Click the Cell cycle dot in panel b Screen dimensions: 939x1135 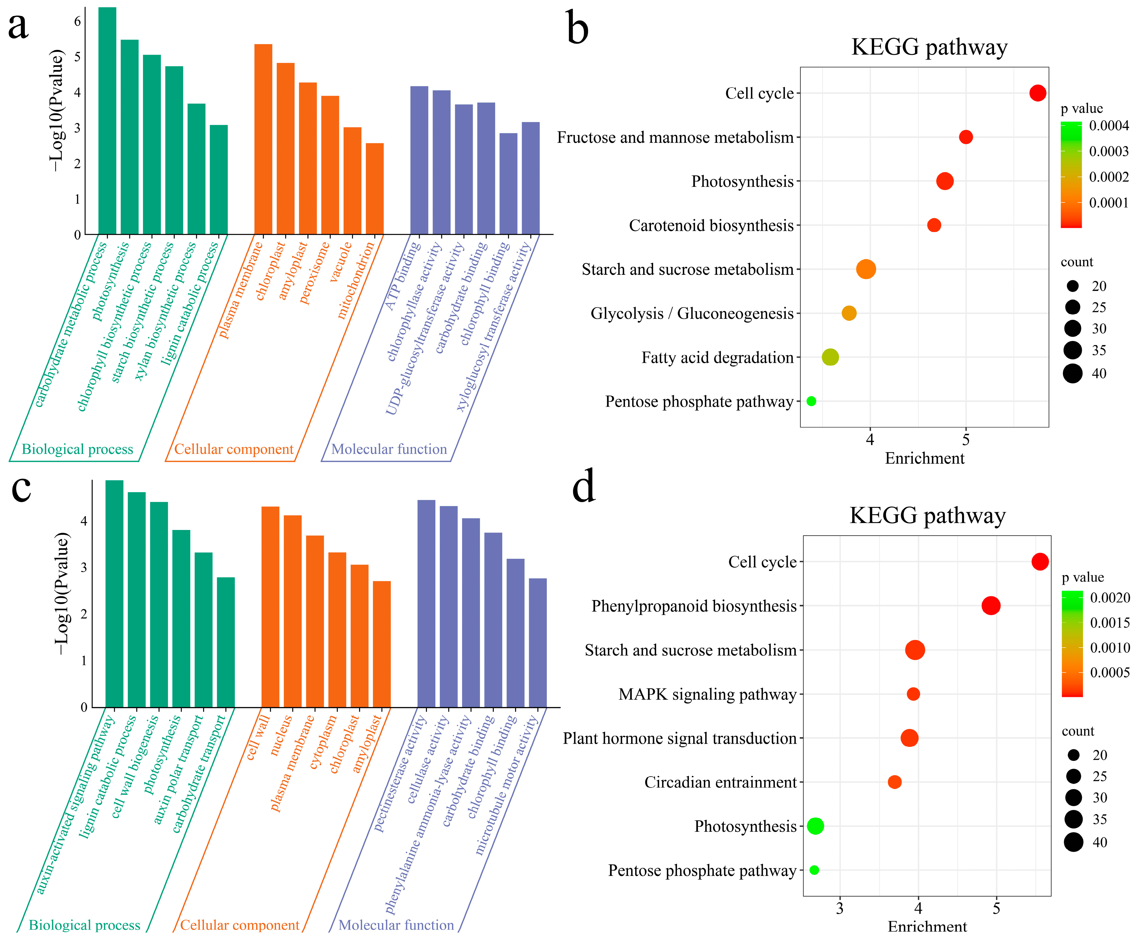pos(1037,93)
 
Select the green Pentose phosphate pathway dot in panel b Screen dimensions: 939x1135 pos(811,401)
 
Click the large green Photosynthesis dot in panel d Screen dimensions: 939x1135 pos(815,826)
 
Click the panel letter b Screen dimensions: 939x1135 pos(577,28)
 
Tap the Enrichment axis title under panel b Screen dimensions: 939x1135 pos(924,458)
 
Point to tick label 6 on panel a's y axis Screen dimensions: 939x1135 pos(77,22)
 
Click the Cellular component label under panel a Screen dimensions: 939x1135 pos(234,449)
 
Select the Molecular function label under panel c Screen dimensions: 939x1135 pos(396,925)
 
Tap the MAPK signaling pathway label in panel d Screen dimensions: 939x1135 pos(707,694)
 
